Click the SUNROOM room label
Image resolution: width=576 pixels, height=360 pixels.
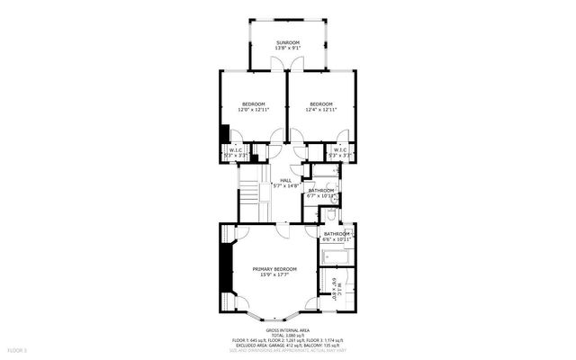click(x=287, y=43)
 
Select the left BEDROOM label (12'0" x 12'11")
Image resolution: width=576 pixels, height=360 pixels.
click(x=251, y=103)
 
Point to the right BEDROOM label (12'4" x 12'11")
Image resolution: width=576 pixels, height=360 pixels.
click(x=321, y=103)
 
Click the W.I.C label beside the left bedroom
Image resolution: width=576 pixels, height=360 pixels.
click(x=236, y=149)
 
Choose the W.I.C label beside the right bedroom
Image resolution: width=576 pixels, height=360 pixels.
click(x=340, y=149)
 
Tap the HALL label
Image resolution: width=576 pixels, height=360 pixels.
click(x=285, y=180)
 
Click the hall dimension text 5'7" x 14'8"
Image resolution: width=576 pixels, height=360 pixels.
click(x=285, y=186)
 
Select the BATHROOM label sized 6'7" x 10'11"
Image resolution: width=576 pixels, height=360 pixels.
click(x=321, y=190)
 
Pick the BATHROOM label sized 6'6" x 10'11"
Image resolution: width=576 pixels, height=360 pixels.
click(x=337, y=234)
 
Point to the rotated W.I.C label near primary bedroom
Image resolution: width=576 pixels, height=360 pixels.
click(x=338, y=293)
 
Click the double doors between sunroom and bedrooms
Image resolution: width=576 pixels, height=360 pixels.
click(x=287, y=64)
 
